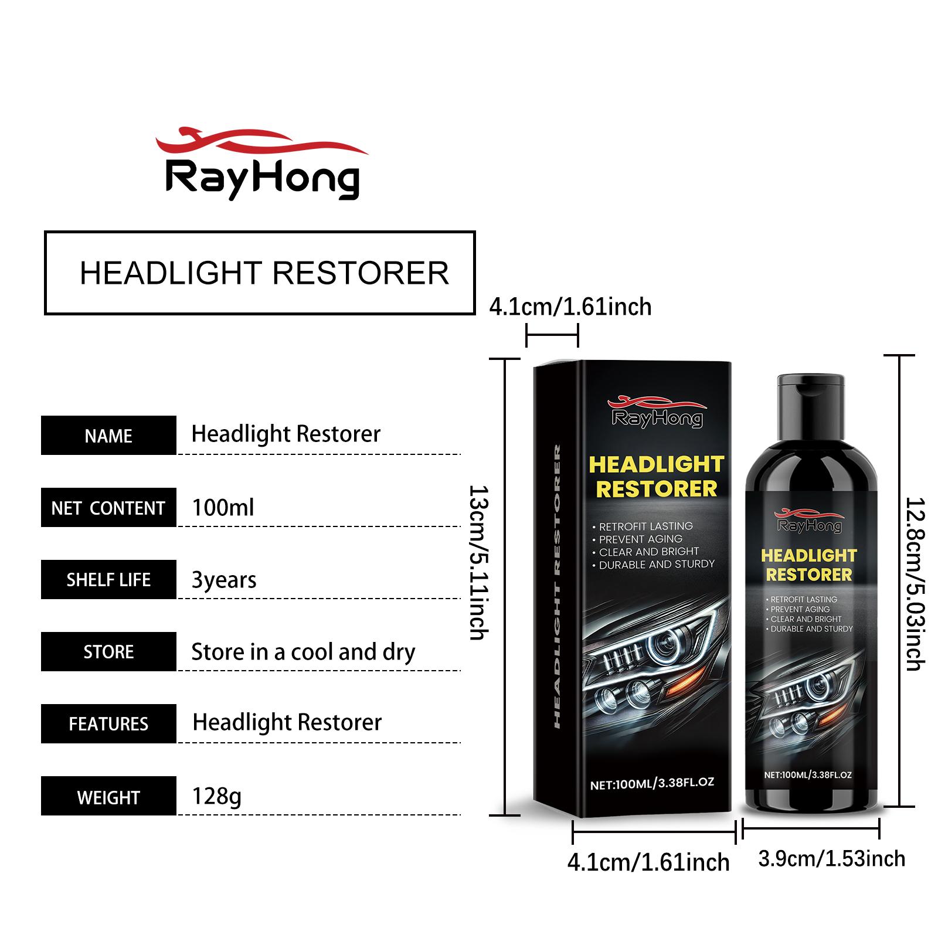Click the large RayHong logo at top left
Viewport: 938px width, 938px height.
coord(262,162)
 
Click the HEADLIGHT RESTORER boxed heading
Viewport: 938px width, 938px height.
coord(260,273)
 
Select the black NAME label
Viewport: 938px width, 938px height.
coord(108,436)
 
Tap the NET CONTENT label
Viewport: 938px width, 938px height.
coord(108,508)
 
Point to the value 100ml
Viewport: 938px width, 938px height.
coord(223,507)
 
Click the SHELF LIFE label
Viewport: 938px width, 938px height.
coord(108,580)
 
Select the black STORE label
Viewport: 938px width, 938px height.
coord(108,652)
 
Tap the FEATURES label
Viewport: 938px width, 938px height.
coord(108,724)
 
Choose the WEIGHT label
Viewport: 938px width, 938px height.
coord(108,796)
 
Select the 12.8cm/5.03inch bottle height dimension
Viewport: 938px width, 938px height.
coord(915,584)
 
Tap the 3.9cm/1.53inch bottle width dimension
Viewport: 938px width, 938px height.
coord(831,859)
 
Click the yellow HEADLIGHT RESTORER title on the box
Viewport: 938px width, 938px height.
coord(657,476)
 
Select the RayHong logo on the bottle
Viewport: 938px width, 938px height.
coord(808,521)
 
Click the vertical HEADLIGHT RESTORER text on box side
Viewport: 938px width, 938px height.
coord(557,586)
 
